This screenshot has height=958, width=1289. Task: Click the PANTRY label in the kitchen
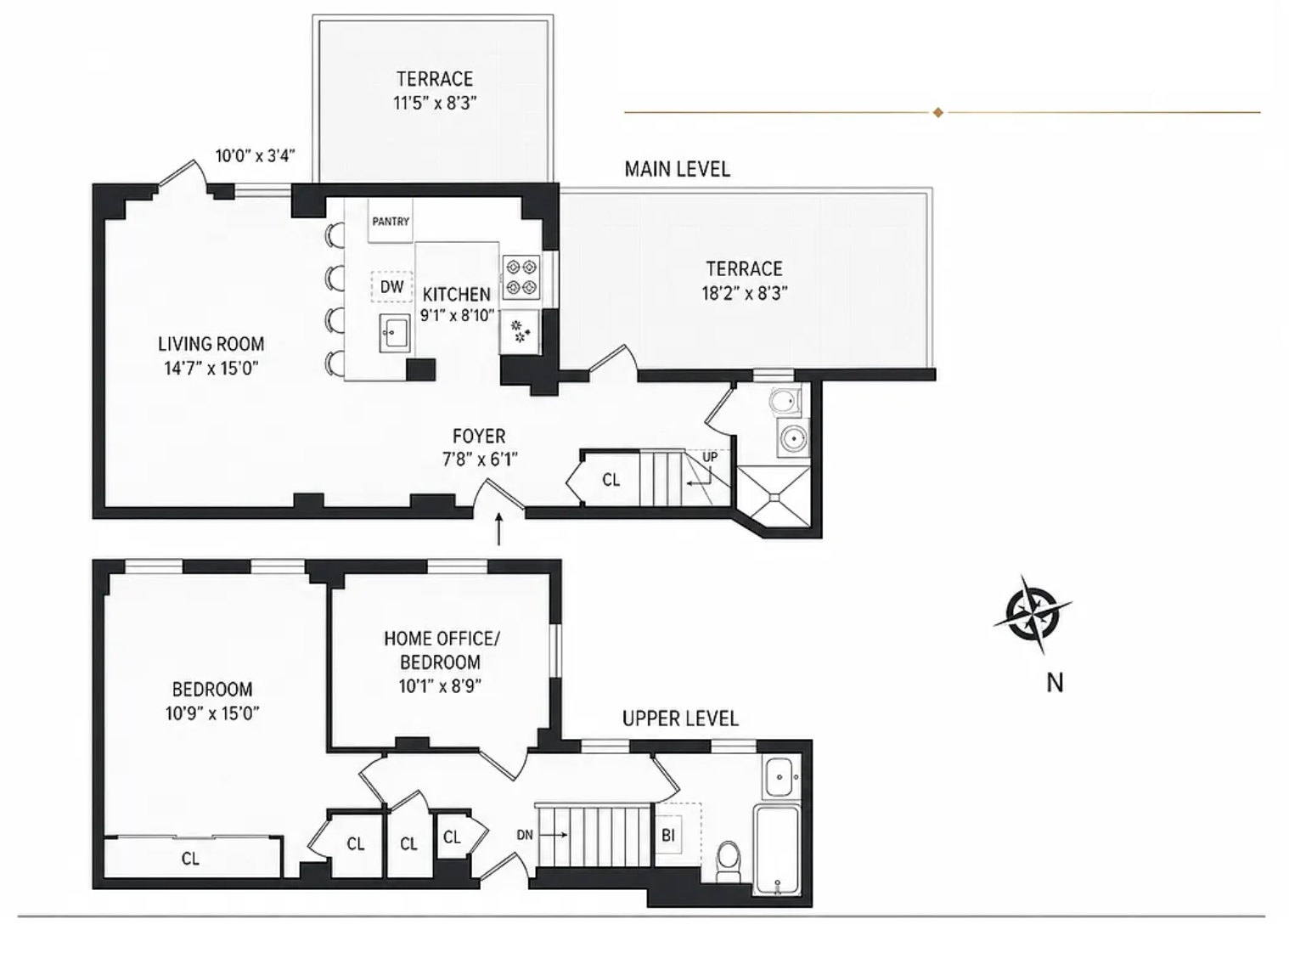[x=391, y=222]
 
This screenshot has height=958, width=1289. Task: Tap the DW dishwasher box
[x=391, y=286]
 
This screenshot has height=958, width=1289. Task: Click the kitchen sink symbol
[x=395, y=333]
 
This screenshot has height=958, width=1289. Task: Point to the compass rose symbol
[x=1032, y=614]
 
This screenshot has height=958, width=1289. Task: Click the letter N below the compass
[x=1055, y=683]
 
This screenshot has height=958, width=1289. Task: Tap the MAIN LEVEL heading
[x=677, y=169]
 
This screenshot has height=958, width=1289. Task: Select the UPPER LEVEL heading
[x=680, y=718]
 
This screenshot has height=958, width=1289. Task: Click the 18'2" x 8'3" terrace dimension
[x=745, y=293]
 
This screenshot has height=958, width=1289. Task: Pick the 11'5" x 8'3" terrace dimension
[x=435, y=103]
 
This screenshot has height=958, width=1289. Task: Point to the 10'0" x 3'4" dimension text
[x=255, y=155]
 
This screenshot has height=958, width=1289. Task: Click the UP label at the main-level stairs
[x=710, y=457]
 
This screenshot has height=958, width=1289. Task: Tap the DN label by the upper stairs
[x=524, y=835]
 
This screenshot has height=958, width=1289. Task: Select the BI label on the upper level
[x=667, y=836]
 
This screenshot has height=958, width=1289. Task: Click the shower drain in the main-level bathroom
[x=774, y=498]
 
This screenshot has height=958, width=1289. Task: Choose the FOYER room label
[x=479, y=436]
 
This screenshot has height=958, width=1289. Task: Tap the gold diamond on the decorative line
[x=938, y=112]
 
